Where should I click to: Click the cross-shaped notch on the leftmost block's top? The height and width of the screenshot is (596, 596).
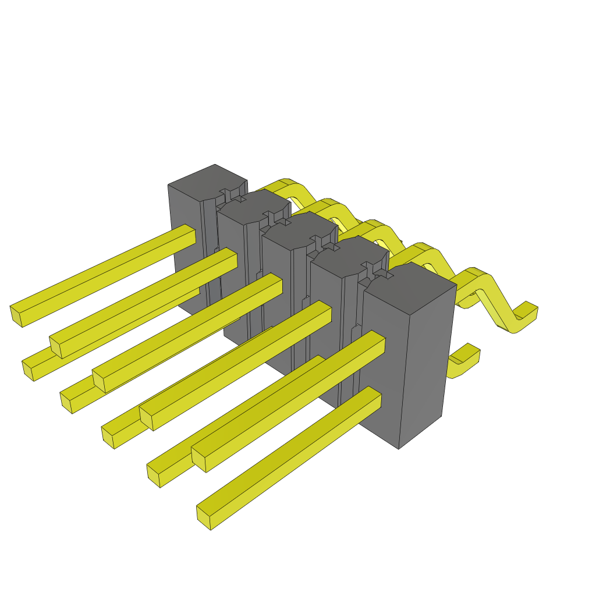point(232,194)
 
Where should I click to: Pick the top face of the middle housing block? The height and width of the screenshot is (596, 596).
point(300,230)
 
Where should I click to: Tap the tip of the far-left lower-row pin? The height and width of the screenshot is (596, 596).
point(28,370)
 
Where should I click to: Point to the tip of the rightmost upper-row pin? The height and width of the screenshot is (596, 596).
point(198,460)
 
